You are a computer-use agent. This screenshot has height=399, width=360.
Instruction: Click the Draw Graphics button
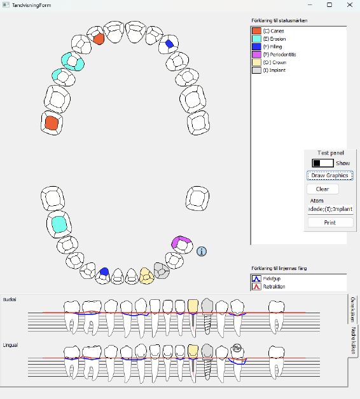[329, 175]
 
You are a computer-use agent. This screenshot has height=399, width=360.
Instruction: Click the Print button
[329, 222]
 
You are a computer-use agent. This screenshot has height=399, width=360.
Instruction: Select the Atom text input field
[329, 208]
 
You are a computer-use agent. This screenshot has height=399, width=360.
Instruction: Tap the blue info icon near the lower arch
[202, 252]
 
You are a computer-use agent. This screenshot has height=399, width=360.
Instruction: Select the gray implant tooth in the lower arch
[162, 271]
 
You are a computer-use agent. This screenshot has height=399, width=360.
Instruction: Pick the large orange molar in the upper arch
[52, 123]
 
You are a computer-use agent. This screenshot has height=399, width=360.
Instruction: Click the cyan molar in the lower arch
[59, 224]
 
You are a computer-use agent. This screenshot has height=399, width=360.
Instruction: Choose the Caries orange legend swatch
[256, 30]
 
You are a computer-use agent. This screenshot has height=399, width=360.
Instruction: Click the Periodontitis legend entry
[279, 55]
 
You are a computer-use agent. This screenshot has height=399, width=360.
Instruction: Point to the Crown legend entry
[274, 62]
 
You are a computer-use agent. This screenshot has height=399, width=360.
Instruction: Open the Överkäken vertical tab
[353, 308]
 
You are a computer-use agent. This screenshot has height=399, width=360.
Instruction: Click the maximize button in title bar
[329, 4]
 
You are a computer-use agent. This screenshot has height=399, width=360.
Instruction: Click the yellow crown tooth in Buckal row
[193, 307]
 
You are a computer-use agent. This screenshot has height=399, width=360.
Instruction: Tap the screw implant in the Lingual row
[206, 360]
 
